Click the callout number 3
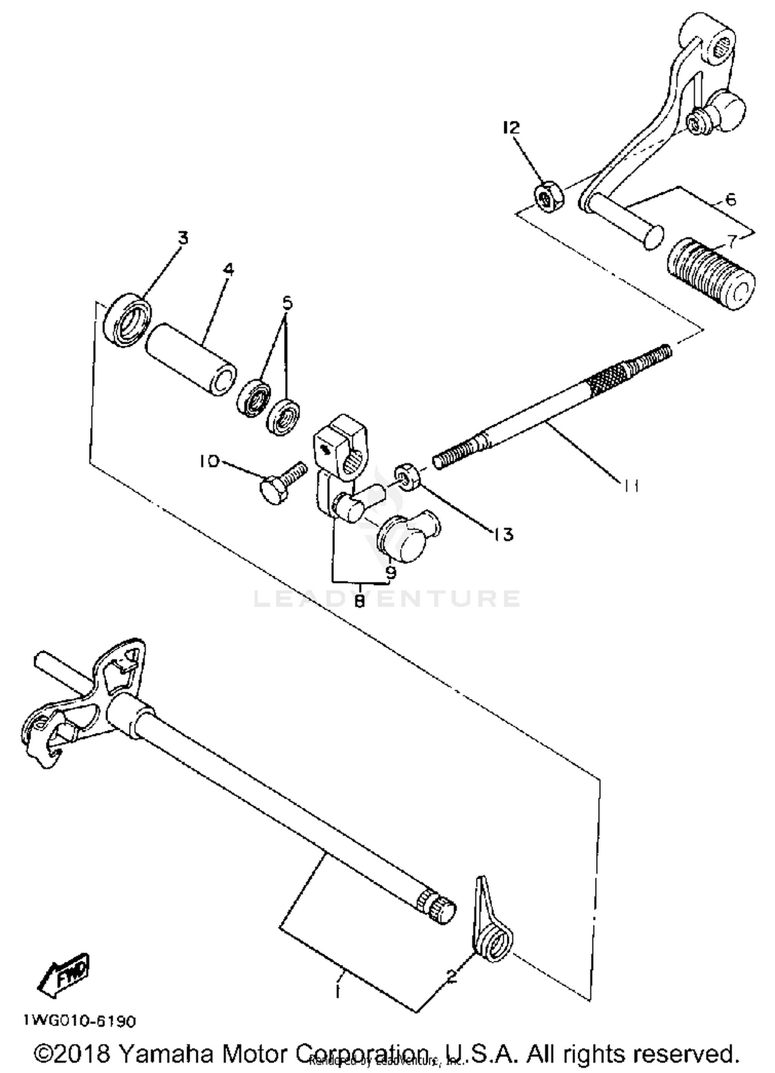point(183,238)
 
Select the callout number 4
point(228,269)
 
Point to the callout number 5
point(287,302)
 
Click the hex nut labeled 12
point(548,198)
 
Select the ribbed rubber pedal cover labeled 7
point(710,274)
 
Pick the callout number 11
point(630,485)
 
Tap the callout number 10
point(210,461)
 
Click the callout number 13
point(503,534)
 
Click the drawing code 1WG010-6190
point(80,1021)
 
